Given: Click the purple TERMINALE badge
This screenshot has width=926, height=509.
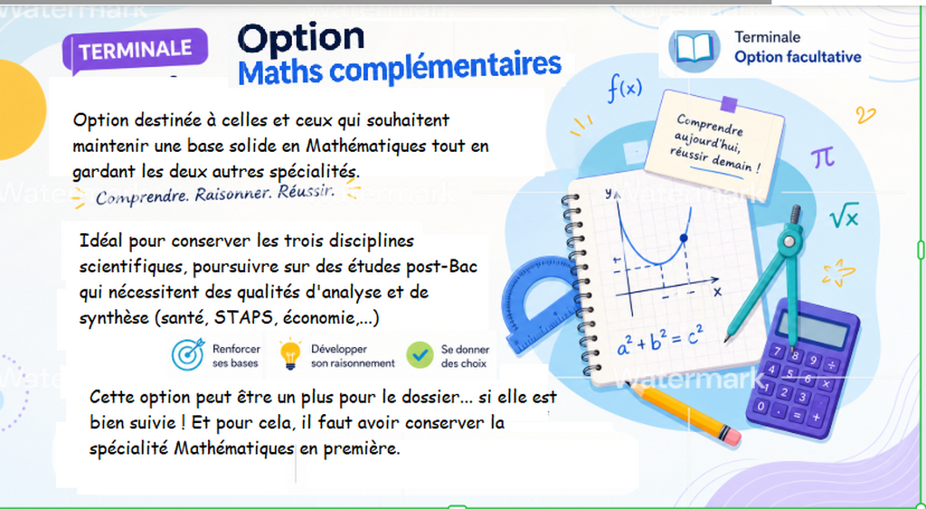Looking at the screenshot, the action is coord(136,50).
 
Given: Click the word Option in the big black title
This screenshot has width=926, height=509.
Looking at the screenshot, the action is coord(300,38).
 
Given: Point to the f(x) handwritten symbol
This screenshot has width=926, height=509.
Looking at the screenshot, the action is coord(625,89).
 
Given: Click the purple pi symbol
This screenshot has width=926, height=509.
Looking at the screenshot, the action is coord(823,157).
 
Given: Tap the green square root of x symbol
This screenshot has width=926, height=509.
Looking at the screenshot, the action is coord(844,216).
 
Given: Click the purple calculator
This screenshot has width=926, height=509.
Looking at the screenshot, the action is coord(804,369).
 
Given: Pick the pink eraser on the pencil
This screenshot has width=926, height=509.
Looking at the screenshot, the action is coord(730,436).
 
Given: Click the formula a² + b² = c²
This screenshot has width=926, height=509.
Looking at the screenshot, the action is coord(660,342).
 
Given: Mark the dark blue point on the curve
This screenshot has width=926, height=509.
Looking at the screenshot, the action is coord(684,239).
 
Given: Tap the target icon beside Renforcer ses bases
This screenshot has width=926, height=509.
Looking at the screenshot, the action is coord(188,354).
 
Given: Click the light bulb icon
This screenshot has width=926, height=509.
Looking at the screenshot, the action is coord(290,355).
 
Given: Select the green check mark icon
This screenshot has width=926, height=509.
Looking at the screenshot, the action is coord(420,355).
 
